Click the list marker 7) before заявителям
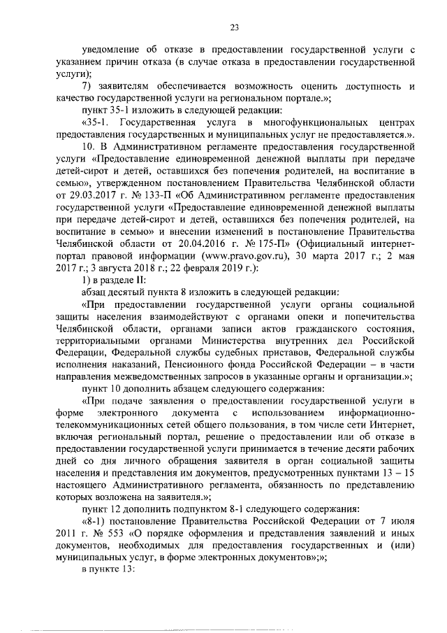[x=87, y=85]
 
